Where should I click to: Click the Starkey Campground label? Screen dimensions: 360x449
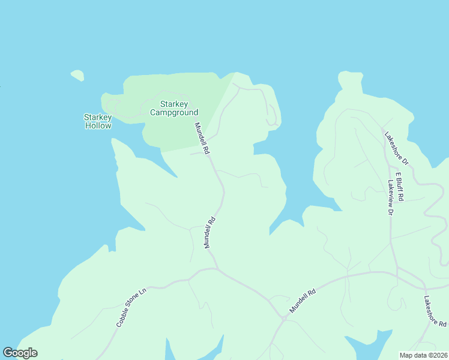click(174, 108)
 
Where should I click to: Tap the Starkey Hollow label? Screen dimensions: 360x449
click(98, 121)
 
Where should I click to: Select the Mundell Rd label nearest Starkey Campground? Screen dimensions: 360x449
click(201, 139)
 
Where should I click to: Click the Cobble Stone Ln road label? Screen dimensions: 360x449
click(131, 308)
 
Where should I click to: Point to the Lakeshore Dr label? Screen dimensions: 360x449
click(396, 148)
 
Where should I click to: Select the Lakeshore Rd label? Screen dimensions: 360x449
click(435, 311)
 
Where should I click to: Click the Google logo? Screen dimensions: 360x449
click(20, 353)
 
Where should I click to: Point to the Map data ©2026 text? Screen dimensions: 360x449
click(423, 355)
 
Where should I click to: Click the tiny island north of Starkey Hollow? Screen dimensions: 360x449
click(77, 76)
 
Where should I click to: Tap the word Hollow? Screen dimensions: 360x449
click(98, 126)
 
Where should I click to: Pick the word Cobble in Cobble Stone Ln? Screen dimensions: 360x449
click(122, 318)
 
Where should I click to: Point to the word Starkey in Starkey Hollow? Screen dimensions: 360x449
click(98, 117)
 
